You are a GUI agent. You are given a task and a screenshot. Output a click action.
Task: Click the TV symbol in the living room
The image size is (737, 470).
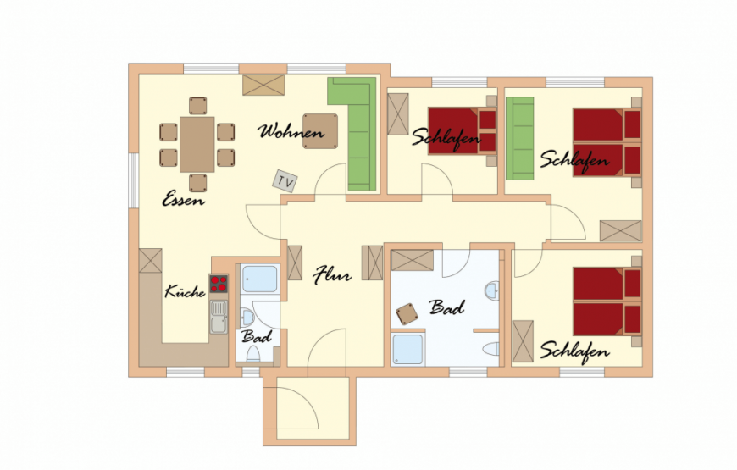pos(285,181)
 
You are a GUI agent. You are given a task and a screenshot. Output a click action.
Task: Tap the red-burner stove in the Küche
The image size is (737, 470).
pos(219,284)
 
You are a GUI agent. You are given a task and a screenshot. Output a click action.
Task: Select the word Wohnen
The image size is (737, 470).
pos(291,131)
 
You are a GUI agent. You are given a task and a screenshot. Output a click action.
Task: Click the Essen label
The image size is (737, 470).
pos(183,199)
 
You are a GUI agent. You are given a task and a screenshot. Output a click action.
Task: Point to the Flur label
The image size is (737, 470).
pos(332,275)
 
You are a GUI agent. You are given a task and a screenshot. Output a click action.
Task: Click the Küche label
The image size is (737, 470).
pos(185,291)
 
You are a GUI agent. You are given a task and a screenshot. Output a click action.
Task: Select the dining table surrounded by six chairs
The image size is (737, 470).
pos(197,144)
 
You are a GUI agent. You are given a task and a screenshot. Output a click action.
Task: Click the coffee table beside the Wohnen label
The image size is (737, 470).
pos(320,131)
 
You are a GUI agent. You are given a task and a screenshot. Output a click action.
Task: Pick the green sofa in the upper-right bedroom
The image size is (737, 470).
pos(520,139)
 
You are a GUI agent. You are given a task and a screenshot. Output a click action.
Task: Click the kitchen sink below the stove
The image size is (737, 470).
pos(219,317)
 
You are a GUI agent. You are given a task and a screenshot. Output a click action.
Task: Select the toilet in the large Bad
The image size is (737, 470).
pos(491,349)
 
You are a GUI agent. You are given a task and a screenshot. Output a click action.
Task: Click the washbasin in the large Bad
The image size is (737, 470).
pos(492,291)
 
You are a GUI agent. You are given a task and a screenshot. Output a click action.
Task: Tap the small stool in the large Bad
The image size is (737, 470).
pos(407,314)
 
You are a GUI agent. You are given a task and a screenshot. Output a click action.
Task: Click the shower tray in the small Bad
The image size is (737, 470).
pos(260,279)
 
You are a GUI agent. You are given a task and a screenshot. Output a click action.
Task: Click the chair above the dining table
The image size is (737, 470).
pos(198,106)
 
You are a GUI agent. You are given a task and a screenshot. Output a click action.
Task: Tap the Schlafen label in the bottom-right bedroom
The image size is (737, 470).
pos(574,351)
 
